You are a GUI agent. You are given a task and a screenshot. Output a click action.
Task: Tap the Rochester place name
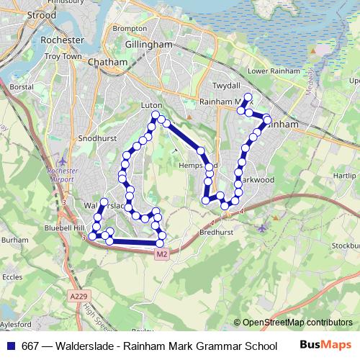[x=63, y=40]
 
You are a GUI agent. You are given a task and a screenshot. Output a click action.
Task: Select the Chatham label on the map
[x=107, y=63]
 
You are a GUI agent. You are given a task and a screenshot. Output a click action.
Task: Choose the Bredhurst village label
[x=214, y=233]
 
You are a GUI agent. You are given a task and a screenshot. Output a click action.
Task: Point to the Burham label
[x=14, y=243]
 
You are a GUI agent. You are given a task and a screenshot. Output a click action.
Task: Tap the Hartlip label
[x=345, y=176]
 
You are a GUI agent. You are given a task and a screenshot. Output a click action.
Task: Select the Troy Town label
[x=61, y=55]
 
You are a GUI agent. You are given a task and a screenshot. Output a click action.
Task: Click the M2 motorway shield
[x=161, y=253]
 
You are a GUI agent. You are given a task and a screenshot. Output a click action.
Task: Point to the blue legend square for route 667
[x=12, y=346]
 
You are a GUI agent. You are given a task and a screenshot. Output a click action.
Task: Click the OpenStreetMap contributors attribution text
[x=293, y=323]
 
